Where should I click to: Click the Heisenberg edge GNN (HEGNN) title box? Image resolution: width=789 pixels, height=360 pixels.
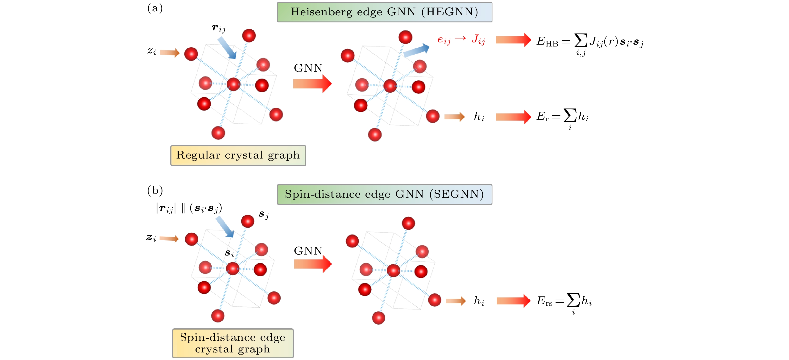click(384, 12)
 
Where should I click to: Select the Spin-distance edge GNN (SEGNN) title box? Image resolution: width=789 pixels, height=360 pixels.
click(384, 194)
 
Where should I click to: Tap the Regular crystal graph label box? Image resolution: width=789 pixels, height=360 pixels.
click(238, 155)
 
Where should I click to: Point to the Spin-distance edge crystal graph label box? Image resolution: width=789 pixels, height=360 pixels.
click(233, 343)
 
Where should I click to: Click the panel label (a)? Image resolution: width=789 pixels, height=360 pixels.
click(155, 8)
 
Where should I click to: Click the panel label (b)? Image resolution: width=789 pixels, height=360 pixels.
click(155, 190)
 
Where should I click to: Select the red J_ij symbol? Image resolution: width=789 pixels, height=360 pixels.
click(478, 39)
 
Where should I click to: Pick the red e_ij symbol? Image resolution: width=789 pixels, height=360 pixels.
click(444, 40)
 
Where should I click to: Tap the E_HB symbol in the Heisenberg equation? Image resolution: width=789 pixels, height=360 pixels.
click(547, 41)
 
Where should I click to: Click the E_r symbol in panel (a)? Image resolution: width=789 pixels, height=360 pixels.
click(542, 117)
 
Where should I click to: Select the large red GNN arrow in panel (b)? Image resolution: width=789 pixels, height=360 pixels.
click(313, 264)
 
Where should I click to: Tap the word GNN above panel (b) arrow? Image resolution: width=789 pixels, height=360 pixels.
click(308, 251)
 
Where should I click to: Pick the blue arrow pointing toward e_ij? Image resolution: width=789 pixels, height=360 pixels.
click(416, 50)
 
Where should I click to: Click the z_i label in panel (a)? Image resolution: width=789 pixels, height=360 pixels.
click(152, 51)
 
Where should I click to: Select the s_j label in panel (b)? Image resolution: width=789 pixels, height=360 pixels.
click(263, 214)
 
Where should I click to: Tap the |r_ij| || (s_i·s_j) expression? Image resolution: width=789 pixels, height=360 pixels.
click(189, 208)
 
